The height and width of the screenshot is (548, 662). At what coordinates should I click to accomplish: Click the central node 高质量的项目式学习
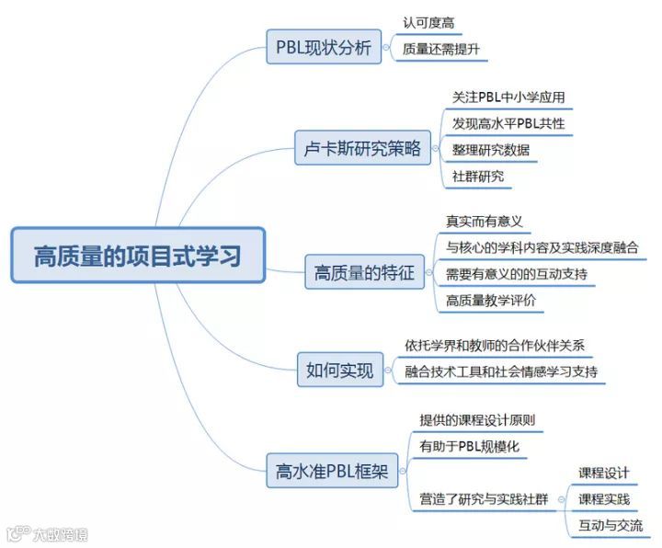(x=138, y=255)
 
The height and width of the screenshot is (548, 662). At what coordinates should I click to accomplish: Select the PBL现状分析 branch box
(x=324, y=47)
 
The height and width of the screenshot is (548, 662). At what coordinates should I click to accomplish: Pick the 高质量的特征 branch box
(x=364, y=273)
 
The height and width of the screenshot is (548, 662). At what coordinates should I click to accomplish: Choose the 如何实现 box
(x=340, y=371)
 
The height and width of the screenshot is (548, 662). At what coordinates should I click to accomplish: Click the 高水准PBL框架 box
(x=332, y=474)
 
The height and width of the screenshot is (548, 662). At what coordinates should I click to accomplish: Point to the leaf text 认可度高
(x=428, y=22)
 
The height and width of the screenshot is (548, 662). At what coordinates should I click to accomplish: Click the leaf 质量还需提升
(x=441, y=49)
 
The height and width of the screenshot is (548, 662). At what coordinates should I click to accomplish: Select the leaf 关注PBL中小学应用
(x=508, y=97)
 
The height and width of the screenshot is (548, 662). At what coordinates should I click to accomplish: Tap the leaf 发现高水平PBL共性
(x=508, y=123)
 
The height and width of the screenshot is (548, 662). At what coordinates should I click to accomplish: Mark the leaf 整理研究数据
(x=490, y=150)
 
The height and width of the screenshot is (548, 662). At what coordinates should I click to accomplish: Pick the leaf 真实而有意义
(x=484, y=221)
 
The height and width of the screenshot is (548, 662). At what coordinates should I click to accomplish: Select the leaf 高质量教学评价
(x=490, y=301)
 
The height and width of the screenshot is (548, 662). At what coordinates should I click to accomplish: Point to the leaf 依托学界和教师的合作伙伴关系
(x=494, y=346)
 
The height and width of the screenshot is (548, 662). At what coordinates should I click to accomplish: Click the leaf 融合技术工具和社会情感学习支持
(x=501, y=372)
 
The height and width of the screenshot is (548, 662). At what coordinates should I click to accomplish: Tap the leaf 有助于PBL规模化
(x=470, y=446)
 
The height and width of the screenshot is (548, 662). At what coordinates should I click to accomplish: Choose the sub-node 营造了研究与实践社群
(x=484, y=499)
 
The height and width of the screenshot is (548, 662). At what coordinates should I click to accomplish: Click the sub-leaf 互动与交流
(x=611, y=526)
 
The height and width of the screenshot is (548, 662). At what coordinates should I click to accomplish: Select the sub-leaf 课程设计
(x=604, y=473)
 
